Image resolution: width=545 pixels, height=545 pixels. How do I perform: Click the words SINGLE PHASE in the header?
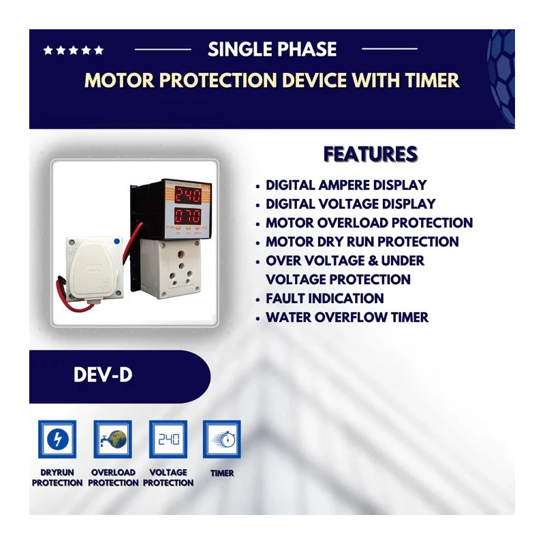pyautogui.click(x=272, y=49)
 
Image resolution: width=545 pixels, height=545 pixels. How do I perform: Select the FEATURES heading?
pyautogui.click(x=371, y=154)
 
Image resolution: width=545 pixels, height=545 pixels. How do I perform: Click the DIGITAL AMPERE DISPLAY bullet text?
pyautogui.click(x=346, y=185)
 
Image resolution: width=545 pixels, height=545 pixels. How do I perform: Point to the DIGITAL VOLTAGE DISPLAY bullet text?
pyautogui.click(x=350, y=204)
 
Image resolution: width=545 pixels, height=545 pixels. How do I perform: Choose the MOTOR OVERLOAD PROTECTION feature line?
pyautogui.click(x=369, y=223)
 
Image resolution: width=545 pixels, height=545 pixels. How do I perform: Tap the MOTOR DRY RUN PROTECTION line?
pyautogui.click(x=362, y=242)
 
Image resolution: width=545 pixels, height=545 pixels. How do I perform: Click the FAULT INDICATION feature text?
pyautogui.click(x=324, y=298)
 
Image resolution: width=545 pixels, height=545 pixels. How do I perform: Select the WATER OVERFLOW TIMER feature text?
pyautogui.click(x=347, y=317)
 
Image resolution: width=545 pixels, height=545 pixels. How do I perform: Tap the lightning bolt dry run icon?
pyautogui.click(x=57, y=439)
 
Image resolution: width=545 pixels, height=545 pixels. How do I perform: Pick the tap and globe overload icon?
pyautogui.click(x=112, y=439)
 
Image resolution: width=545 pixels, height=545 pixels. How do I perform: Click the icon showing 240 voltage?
pyautogui.click(x=168, y=439)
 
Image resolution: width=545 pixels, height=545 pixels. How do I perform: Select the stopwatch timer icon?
pyautogui.click(x=221, y=439)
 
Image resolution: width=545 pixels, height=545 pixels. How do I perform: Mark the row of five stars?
pyautogui.click(x=74, y=50)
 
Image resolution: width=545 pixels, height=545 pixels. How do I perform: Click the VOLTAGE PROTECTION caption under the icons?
pyautogui.click(x=168, y=478)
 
